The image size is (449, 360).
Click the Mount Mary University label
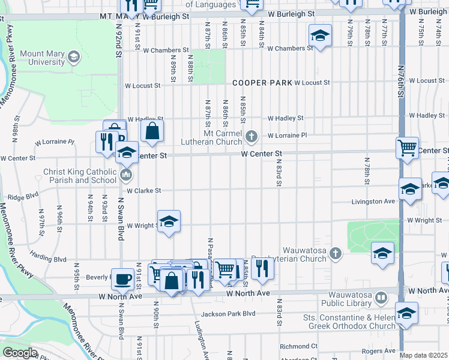pos(42,58)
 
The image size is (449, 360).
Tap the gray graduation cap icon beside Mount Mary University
pos(73,58)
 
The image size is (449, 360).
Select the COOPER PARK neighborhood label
pos(262,83)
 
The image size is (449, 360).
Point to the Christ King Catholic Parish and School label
pos(79,175)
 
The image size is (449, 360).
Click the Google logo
pos(20,353)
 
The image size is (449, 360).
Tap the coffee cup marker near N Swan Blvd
pos(123,278)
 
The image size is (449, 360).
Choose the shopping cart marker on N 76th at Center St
pos(407,147)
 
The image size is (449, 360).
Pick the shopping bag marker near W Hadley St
pos(152,130)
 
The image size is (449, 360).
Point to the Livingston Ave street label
pos(373,202)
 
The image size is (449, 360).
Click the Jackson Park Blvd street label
pos(228,313)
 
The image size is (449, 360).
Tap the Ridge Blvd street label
pos(23,194)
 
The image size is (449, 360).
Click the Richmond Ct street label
pos(298,346)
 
